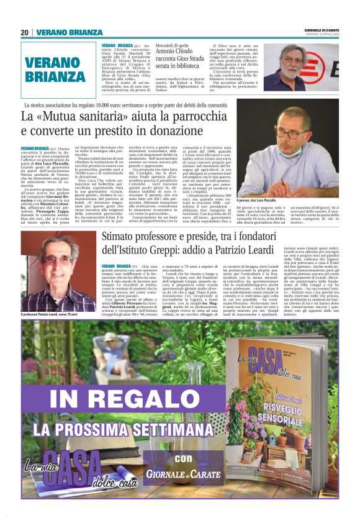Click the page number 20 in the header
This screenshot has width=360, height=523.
[x=24, y=32]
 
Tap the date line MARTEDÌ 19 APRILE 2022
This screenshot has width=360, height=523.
[x=322, y=35]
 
